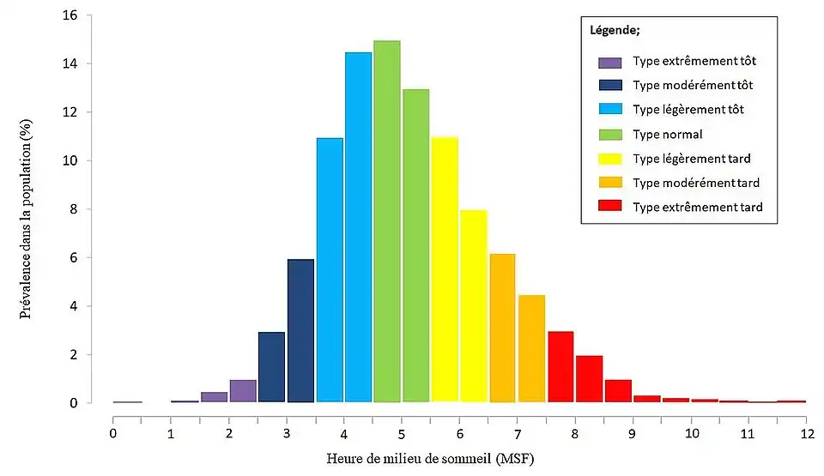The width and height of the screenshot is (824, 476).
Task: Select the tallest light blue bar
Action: pyautogui.click(x=358, y=227)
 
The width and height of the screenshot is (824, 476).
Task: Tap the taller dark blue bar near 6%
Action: pyautogui.click(x=300, y=330)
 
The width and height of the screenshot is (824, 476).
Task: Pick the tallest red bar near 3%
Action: pyautogui.click(x=560, y=366)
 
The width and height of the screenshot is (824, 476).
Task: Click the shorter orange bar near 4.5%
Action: pyautogui.click(x=531, y=348)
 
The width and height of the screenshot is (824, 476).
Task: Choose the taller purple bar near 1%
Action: pyautogui.click(x=243, y=391)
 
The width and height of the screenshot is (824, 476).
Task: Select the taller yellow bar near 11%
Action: pyautogui.click(x=444, y=269)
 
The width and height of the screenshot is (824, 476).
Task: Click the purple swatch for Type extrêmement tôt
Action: pyautogui.click(x=610, y=62)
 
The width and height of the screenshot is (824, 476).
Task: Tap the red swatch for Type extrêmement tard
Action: pyautogui.click(x=610, y=207)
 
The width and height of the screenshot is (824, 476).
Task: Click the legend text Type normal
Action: pyautogui.click(x=667, y=134)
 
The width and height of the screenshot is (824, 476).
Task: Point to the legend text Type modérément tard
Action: pyautogui.click(x=695, y=183)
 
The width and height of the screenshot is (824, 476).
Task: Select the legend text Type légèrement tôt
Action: pyautogui.click(x=688, y=110)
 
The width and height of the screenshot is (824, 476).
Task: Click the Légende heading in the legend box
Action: pyautogui.click(x=615, y=31)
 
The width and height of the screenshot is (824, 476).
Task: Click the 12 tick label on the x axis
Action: pyautogui.click(x=805, y=433)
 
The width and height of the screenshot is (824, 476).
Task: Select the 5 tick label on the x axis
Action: pyautogui.click(x=402, y=433)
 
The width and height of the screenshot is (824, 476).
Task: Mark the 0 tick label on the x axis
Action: pyautogui.click(x=113, y=433)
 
